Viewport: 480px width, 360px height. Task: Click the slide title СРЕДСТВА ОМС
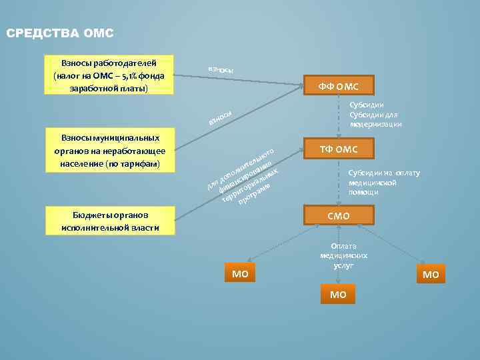(x=60, y=33)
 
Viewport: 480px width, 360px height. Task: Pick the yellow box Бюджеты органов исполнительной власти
(x=109, y=221)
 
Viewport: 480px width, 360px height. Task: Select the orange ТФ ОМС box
(x=338, y=149)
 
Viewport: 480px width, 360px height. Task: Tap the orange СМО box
(x=338, y=215)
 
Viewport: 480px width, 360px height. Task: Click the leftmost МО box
(x=239, y=273)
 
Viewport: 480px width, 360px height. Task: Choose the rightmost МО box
(x=431, y=275)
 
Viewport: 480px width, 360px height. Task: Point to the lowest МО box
(x=338, y=294)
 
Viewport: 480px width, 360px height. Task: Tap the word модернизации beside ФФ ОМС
(x=375, y=124)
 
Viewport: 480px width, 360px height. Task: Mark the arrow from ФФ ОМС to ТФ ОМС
(x=338, y=117)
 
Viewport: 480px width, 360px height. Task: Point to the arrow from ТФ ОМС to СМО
(x=338, y=181)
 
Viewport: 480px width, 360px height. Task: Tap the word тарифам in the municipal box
(x=141, y=163)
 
